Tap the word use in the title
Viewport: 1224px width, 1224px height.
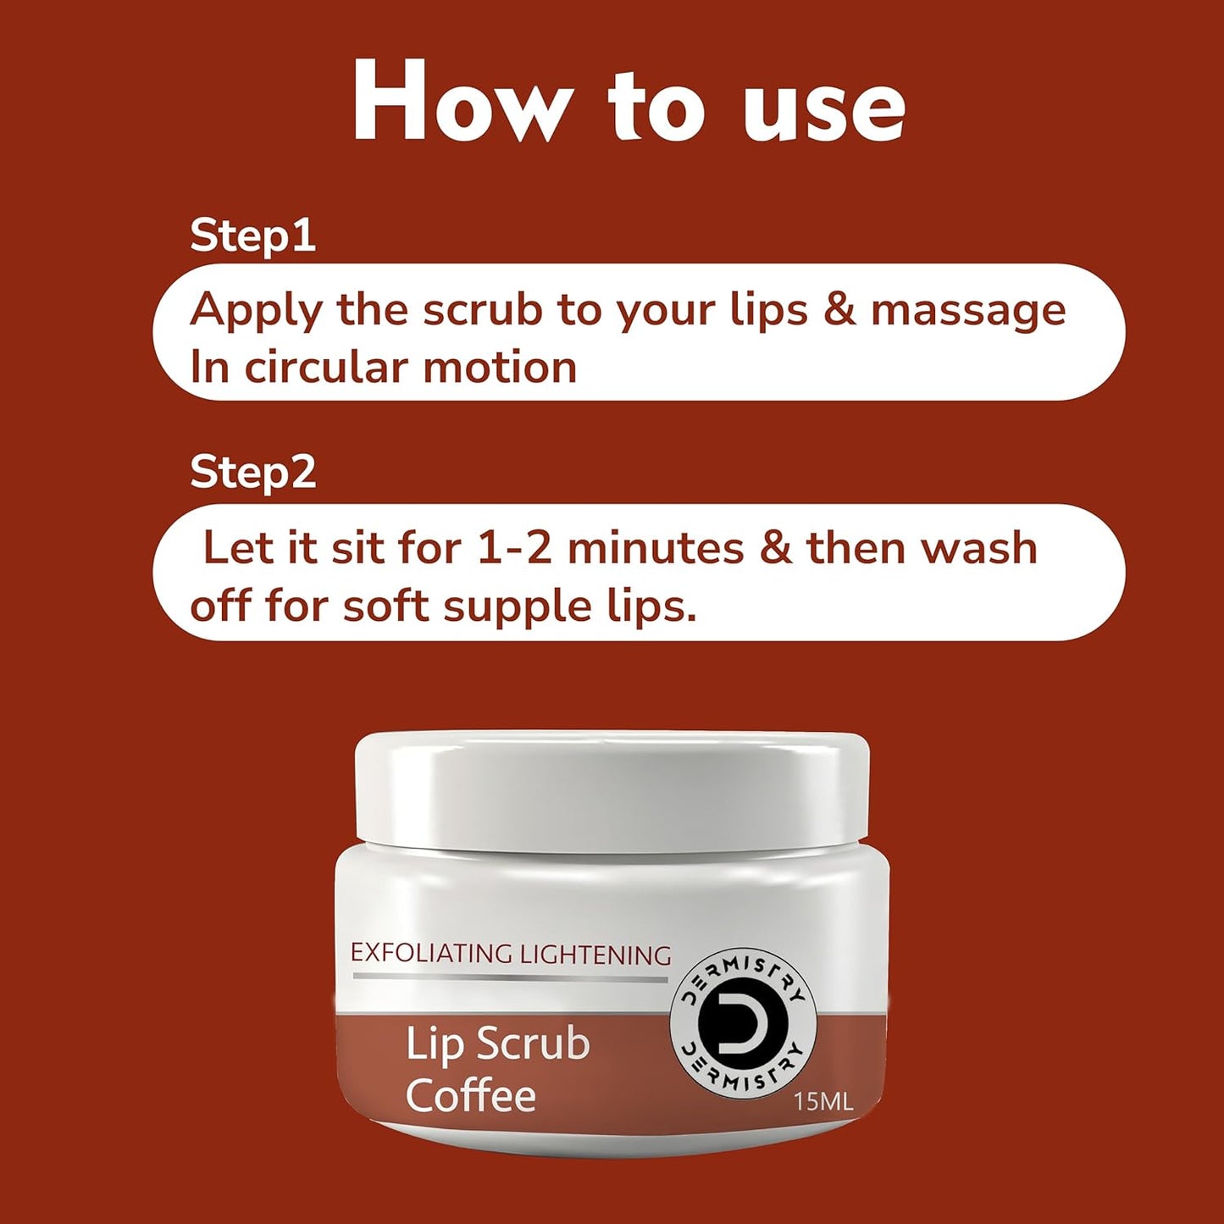[x=823, y=108]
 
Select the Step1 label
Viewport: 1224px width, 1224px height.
[x=252, y=235]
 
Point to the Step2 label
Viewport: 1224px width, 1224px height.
[x=252, y=472]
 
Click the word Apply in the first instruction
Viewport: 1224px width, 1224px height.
[x=256, y=311]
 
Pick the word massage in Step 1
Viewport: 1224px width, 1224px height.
[x=968, y=311]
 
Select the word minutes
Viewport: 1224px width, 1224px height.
[x=656, y=548]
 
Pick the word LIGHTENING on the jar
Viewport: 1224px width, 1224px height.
[x=595, y=955]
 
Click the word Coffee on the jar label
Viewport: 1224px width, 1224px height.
[x=470, y=1095]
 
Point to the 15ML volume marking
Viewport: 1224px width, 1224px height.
[x=822, y=1102]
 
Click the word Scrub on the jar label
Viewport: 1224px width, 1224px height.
[x=533, y=1044]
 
